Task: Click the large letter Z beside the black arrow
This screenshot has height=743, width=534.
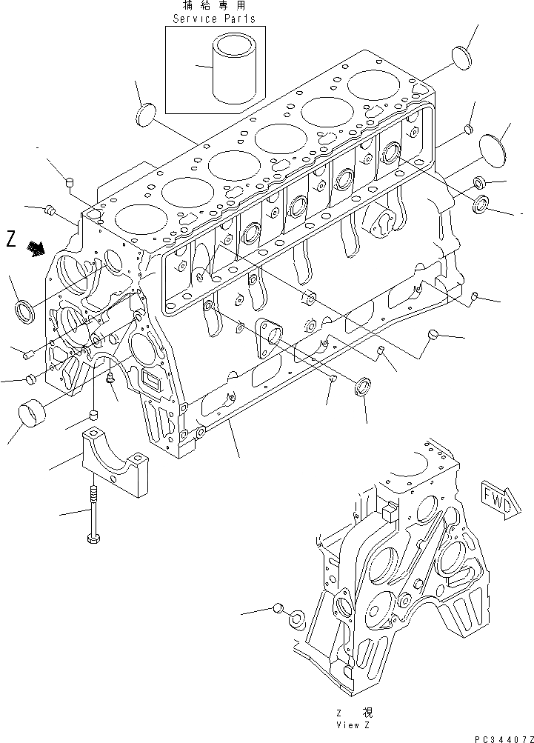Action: tap(11, 239)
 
